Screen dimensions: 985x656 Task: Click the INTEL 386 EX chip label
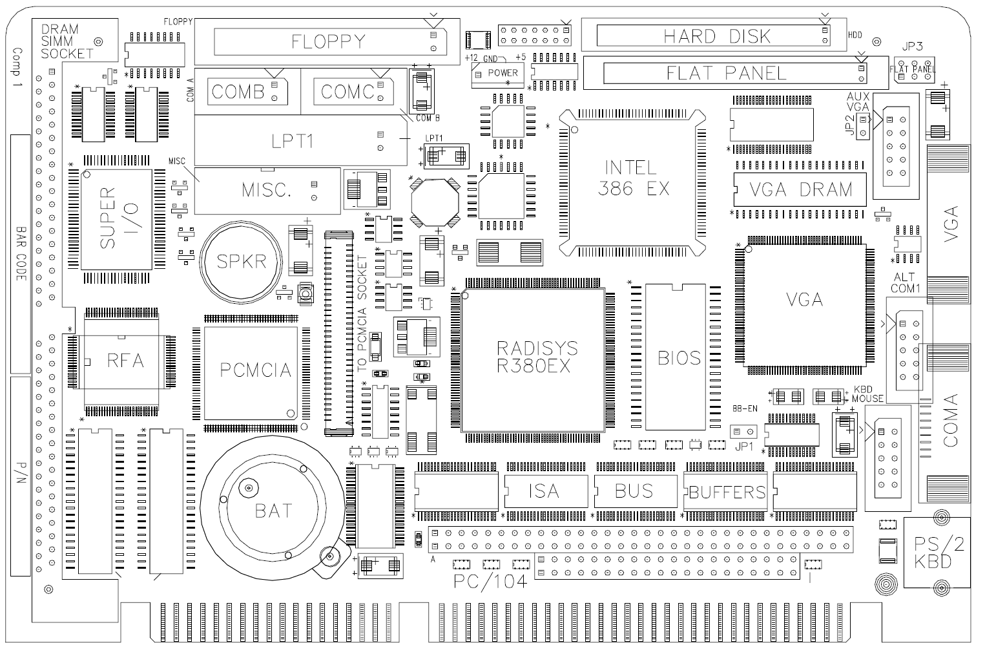pos(633,178)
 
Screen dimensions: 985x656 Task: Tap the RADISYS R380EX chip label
pos(537,357)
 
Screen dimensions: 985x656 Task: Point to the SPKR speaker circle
pos(242,262)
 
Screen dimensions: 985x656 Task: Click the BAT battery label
pos(273,511)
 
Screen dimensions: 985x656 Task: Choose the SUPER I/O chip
pos(116,219)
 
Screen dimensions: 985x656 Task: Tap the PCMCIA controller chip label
pos(256,370)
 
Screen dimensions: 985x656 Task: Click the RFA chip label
pos(125,361)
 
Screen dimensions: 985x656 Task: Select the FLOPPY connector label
pos(328,42)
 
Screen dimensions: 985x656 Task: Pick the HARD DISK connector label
pos(717,36)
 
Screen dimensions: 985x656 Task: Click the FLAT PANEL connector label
pos(726,73)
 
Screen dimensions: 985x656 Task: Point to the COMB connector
pos(247,92)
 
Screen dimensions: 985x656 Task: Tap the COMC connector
pos(353,92)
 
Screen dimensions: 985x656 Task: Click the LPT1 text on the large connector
pos(292,142)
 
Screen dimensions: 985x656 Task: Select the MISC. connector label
pos(267,190)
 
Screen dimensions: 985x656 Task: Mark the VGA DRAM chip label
pos(800,189)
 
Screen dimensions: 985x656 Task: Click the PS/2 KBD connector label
pos(938,553)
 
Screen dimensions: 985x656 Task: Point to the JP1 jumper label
pos(744,446)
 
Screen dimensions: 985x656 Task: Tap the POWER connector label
pos(503,72)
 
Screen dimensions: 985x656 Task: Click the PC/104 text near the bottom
pos(490,582)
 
